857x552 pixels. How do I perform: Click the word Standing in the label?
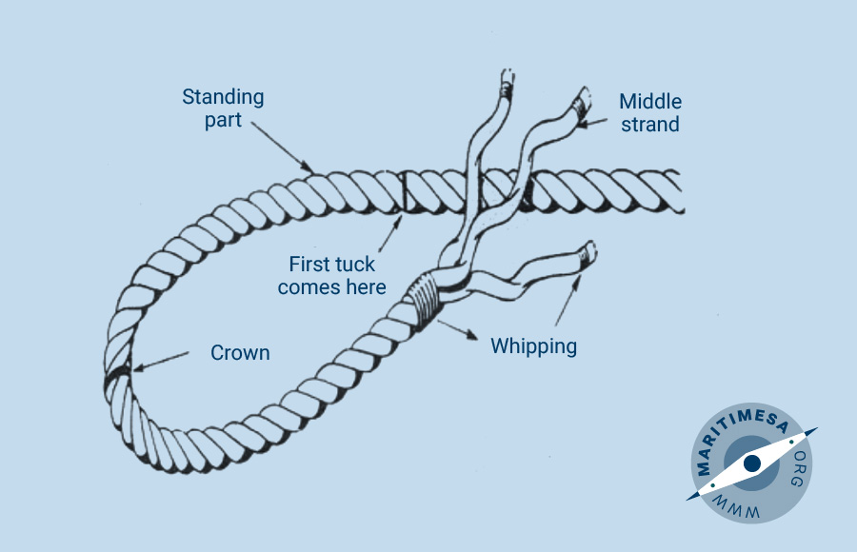pyautogui.click(x=223, y=97)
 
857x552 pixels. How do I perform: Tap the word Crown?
pyautogui.click(x=240, y=353)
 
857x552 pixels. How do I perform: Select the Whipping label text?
pyautogui.click(x=533, y=345)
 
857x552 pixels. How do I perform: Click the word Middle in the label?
pyautogui.click(x=650, y=102)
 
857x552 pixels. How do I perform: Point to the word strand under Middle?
pyautogui.click(x=650, y=124)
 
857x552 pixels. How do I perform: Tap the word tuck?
pyautogui.click(x=354, y=265)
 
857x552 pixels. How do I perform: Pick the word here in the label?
pyautogui.click(x=365, y=286)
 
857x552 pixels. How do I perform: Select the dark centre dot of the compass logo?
pyautogui.click(x=751, y=463)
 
